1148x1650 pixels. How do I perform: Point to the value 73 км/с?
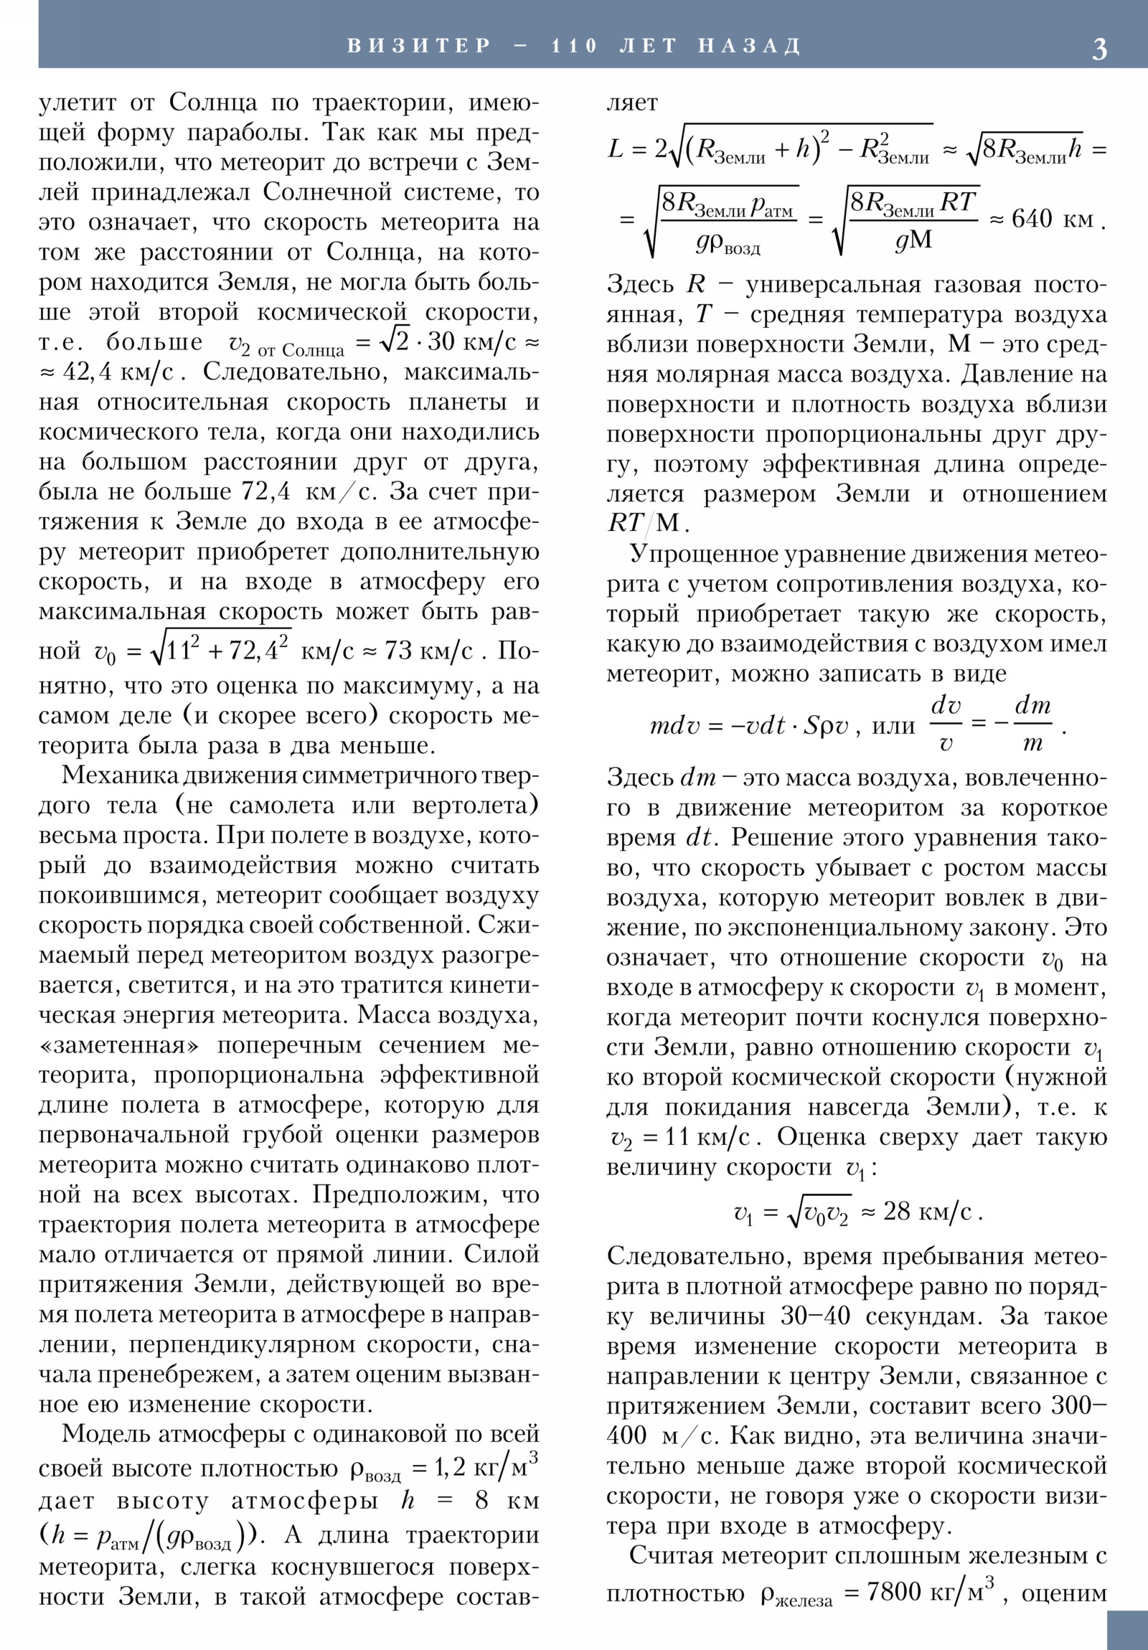click(x=429, y=651)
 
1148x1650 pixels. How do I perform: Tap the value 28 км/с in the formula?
click(x=926, y=1212)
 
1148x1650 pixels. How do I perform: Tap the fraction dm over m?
click(x=1032, y=725)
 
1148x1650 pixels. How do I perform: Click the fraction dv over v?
click(x=945, y=725)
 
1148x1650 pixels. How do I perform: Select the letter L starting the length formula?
click(x=616, y=149)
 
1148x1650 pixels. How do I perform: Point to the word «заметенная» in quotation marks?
click(x=122, y=1045)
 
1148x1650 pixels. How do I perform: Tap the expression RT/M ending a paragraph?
click(x=643, y=522)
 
